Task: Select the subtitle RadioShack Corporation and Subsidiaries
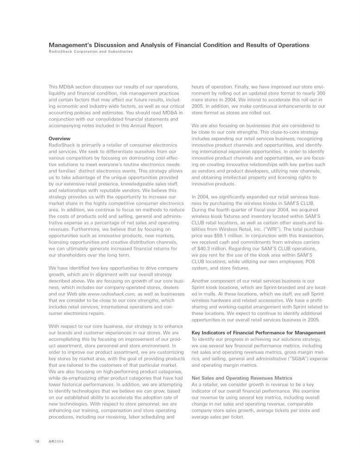click(x=90, y=52)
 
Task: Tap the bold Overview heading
click(x=59, y=138)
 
